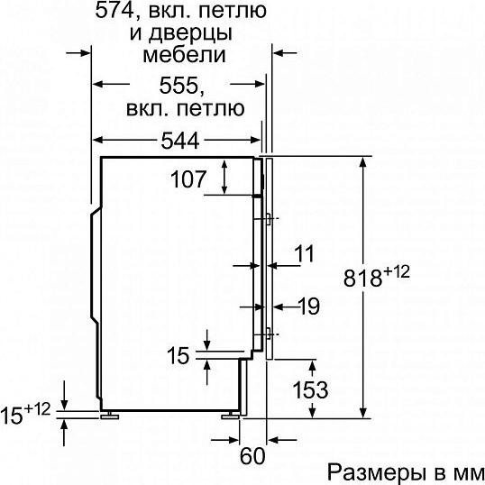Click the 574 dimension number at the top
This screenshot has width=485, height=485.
point(114,11)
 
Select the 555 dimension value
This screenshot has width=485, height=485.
point(178,86)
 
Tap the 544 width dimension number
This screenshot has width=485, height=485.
point(180,141)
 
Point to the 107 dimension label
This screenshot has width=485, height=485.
point(188,179)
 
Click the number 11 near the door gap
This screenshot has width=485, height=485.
point(304,253)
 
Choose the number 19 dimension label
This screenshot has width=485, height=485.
point(309,307)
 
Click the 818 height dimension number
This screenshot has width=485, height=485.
point(362,279)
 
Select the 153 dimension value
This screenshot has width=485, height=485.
point(310,390)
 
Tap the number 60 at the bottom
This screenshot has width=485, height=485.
point(252,455)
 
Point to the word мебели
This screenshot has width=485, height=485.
point(184,55)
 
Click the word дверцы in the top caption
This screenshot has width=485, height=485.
point(190,33)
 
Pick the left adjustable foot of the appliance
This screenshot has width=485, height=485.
point(110,416)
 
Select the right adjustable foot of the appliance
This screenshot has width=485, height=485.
point(230,416)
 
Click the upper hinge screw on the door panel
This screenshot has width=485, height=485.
point(270,219)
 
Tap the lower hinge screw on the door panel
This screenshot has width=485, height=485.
point(270,334)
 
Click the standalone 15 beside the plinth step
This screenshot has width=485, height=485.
point(178,355)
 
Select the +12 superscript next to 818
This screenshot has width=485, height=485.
point(397,272)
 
